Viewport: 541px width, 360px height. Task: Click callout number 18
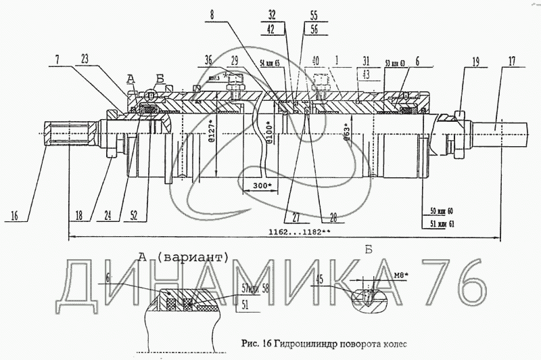(x=79, y=216)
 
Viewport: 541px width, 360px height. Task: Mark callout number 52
(x=135, y=216)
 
